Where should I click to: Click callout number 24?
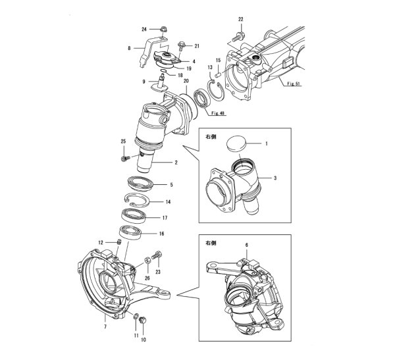(x=144, y=29)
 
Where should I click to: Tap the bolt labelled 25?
(x=125, y=158)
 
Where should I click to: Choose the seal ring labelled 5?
(x=138, y=185)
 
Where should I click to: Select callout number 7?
(x=104, y=326)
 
